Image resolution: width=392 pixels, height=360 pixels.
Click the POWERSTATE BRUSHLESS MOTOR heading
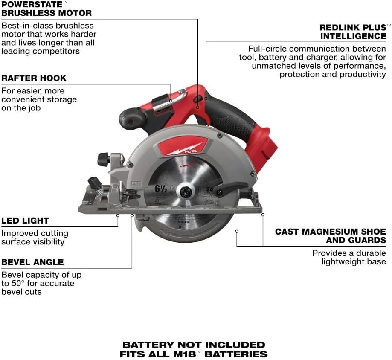(x=46, y=9)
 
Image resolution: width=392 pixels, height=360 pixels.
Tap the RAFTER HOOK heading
(x=34, y=78)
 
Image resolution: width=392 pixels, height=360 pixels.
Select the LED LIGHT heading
(x=25, y=221)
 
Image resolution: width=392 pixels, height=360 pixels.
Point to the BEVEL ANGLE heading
(x=32, y=262)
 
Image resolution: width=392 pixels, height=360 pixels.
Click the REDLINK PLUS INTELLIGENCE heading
(x=353, y=32)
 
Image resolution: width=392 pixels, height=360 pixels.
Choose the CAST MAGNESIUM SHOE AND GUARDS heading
(x=331, y=236)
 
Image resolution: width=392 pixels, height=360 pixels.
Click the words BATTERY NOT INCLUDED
(x=194, y=345)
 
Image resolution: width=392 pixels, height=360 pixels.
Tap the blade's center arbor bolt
(x=185, y=192)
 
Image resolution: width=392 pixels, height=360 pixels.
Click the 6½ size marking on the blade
(x=160, y=189)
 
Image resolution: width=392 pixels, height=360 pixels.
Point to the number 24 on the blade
(x=209, y=189)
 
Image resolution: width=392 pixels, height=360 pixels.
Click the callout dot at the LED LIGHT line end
(x=118, y=215)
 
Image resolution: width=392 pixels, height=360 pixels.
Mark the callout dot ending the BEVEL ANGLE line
(x=132, y=215)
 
